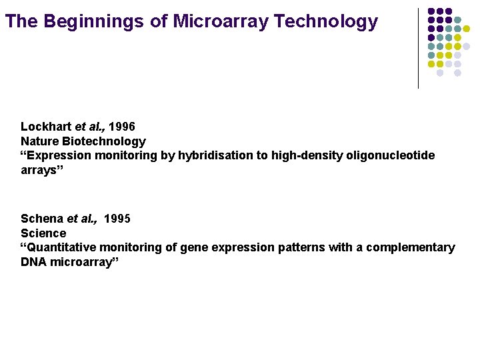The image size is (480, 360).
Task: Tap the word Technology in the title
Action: pyautogui.click(x=325, y=22)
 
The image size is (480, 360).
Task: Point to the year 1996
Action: pyautogui.click(x=122, y=127)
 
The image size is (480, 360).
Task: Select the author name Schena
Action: pyautogui.click(x=43, y=219)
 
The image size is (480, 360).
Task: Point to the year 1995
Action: pyautogui.click(x=118, y=219)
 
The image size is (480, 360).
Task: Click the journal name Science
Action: pyautogui.click(x=43, y=233)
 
